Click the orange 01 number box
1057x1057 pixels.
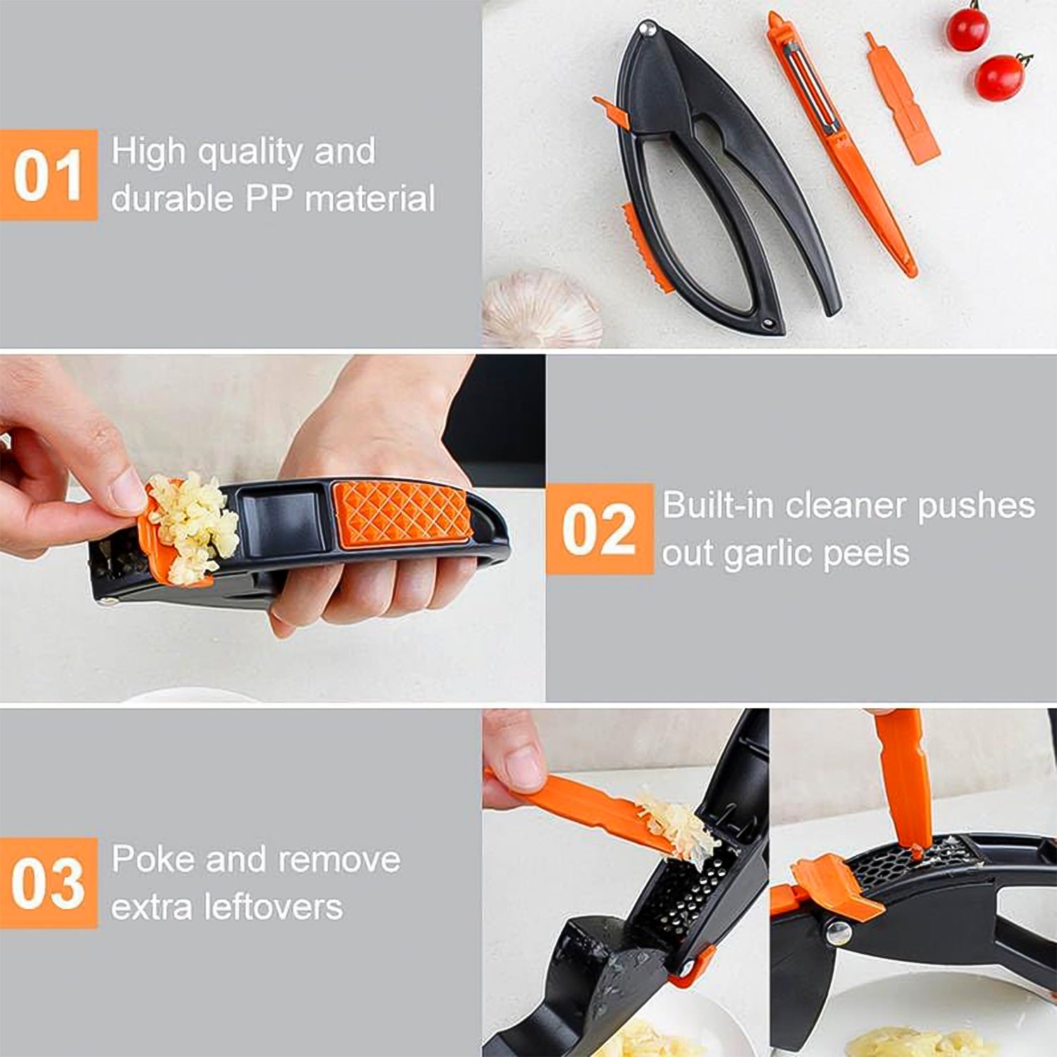(48, 175)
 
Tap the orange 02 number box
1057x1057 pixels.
(599, 529)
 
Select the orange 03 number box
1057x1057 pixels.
(48, 883)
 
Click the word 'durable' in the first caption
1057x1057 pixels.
(171, 199)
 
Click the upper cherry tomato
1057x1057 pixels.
(967, 30)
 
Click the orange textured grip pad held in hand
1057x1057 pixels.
(402, 512)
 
